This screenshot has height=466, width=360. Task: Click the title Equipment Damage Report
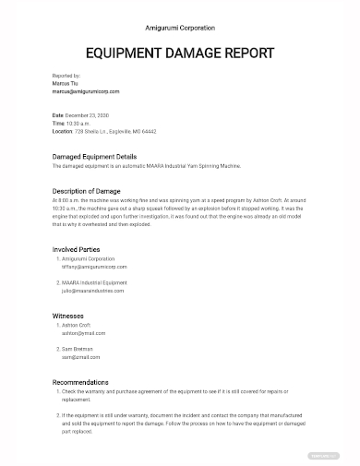[x=180, y=53]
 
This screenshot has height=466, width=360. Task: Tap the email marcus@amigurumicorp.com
[x=86, y=91]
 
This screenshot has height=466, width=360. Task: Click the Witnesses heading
[x=68, y=315]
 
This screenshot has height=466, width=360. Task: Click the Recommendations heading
[x=80, y=381]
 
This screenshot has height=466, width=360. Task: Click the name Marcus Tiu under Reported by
[x=66, y=83]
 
